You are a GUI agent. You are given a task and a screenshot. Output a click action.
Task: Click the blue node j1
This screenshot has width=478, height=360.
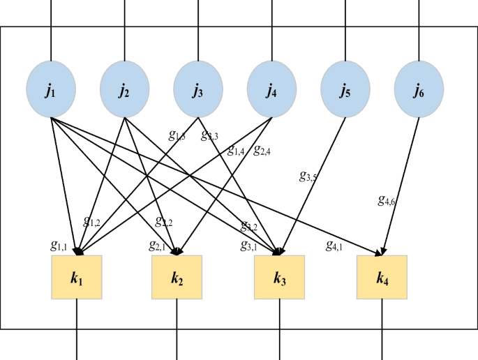click(51, 91)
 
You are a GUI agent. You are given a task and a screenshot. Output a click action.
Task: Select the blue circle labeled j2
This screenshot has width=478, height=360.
click(124, 91)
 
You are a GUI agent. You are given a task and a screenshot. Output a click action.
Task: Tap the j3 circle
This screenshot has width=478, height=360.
click(198, 91)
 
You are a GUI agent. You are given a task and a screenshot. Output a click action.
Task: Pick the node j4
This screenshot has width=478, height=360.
click(271, 91)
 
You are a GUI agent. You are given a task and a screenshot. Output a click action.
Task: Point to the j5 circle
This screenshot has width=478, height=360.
click(345, 91)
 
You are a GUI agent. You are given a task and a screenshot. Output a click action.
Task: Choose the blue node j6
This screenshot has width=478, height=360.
click(419, 91)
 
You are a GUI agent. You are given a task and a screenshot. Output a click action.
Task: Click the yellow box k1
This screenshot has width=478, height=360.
click(77, 278)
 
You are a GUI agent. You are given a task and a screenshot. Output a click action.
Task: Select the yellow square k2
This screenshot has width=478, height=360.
click(177, 278)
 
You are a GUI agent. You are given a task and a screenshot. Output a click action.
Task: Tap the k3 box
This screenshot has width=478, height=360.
click(279, 278)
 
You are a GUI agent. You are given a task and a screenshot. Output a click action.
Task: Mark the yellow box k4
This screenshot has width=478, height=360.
click(381, 278)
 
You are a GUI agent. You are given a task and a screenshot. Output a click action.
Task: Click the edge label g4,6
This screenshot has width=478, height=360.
click(386, 202)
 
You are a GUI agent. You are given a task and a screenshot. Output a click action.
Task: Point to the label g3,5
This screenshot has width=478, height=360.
click(307, 177)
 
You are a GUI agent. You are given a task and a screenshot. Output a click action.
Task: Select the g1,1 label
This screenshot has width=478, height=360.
click(59, 246)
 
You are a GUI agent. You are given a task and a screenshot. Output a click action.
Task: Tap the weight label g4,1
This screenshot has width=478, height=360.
click(334, 246)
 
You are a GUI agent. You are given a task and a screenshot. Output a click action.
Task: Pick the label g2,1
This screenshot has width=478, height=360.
click(158, 246)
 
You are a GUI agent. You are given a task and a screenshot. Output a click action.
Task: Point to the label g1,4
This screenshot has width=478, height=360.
click(235, 149)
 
